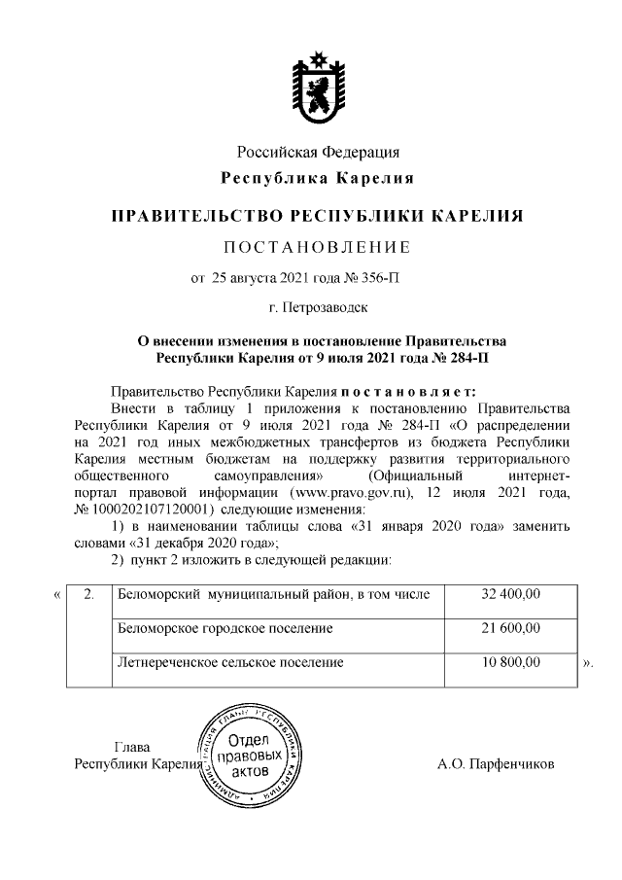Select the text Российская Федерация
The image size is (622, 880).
(x=318, y=152)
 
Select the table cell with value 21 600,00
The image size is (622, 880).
(x=511, y=629)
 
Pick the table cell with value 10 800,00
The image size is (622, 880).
(x=511, y=663)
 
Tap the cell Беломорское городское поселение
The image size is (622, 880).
(x=225, y=629)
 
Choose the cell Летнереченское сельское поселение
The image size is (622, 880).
(x=230, y=663)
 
